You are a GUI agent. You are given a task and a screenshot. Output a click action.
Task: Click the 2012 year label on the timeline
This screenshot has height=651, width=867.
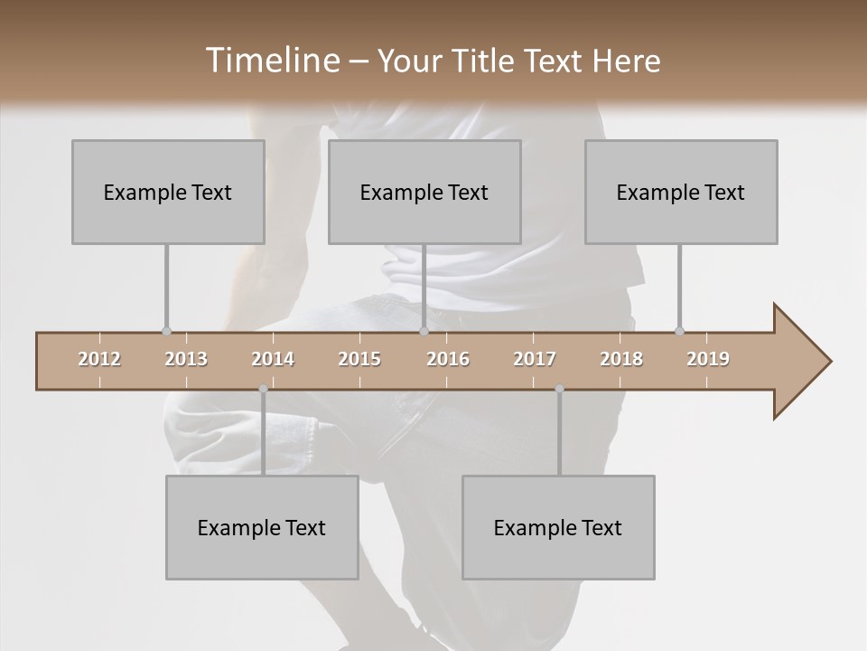coord(99,359)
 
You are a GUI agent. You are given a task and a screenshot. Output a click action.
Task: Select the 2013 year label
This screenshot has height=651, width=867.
coord(186,359)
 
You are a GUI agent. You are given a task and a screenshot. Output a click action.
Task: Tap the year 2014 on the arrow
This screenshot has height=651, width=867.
coord(273,359)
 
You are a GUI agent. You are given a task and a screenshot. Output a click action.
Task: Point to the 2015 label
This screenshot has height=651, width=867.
coord(359,359)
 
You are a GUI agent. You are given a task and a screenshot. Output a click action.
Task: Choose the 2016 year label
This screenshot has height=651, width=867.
coord(448,359)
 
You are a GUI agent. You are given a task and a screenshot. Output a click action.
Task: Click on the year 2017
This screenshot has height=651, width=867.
coord(535,359)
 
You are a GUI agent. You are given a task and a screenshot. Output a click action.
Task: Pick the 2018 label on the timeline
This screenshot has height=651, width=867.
coord(621,359)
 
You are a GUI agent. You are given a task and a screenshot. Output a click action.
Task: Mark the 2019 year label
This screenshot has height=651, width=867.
coord(708,359)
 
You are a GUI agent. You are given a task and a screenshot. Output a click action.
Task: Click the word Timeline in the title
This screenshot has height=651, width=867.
coord(270,61)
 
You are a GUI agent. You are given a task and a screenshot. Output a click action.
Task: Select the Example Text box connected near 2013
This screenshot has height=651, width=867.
coord(168,192)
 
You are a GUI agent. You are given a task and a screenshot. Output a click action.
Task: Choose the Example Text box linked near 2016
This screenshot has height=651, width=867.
coord(424,192)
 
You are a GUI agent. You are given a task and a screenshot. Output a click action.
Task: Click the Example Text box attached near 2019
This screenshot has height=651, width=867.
coord(681,192)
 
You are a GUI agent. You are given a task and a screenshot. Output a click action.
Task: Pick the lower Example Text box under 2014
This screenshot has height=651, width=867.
coord(262,527)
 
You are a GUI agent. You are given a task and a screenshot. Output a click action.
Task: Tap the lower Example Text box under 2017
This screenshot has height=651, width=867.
coord(558,527)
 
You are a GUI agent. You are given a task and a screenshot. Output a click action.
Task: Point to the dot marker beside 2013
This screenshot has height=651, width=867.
coord(166,332)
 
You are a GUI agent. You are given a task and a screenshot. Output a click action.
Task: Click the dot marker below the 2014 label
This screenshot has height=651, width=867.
coord(263,390)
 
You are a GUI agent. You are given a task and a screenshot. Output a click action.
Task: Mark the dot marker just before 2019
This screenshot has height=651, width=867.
coord(679,332)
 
